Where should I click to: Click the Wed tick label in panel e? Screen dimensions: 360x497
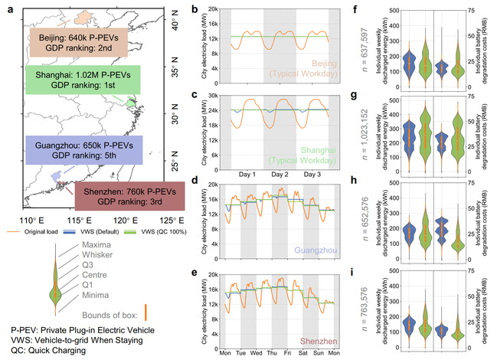point(261,353)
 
